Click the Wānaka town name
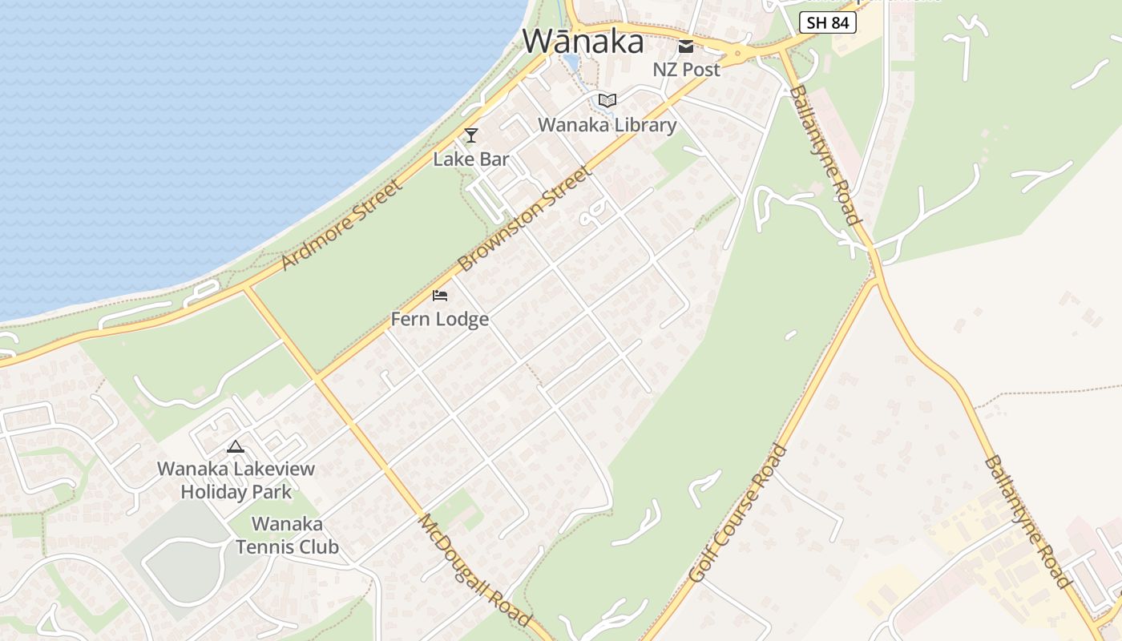pyautogui.click(x=583, y=41)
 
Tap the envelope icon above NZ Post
pyautogui.click(x=686, y=46)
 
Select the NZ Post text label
pyautogui.click(x=686, y=70)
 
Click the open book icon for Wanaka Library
pyautogui.click(x=607, y=101)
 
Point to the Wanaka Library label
pyautogui.click(x=607, y=125)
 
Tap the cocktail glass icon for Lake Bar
pyautogui.click(x=471, y=135)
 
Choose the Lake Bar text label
pyautogui.click(x=471, y=159)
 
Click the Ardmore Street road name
pyautogui.click(x=340, y=225)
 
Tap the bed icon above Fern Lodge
pyautogui.click(x=439, y=296)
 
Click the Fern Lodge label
pyautogui.click(x=439, y=320)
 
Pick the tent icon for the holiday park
pyautogui.click(x=235, y=446)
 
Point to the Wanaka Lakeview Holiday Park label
pyautogui.click(x=236, y=480)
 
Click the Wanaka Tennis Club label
pyautogui.click(x=287, y=535)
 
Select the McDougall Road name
pyautogui.click(x=474, y=569)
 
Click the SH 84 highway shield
pyautogui.click(x=827, y=22)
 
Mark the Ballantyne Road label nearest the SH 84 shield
pyautogui.click(x=825, y=155)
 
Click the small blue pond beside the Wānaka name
pyautogui.click(x=570, y=62)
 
